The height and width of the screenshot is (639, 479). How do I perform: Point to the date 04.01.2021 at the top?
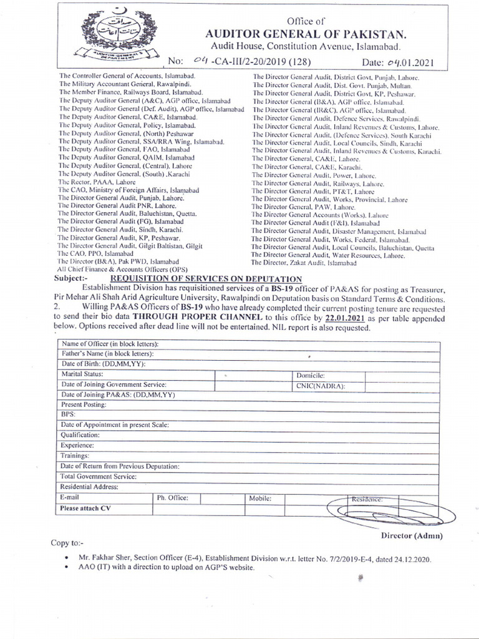coord(410,63)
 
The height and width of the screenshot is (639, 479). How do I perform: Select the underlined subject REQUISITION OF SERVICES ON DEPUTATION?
coord(206,279)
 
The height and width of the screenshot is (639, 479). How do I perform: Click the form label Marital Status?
coord(82,374)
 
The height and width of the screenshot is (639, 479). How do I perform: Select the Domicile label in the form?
coord(311,375)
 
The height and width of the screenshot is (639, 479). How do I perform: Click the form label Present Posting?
coord(85,404)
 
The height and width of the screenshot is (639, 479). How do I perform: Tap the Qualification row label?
coord(80,435)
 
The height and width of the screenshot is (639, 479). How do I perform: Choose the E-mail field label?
coord(70,497)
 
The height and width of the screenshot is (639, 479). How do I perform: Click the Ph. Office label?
coord(172,498)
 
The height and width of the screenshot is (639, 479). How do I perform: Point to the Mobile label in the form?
coord(260,498)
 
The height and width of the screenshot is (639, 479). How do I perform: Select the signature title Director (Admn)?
coord(411,535)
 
